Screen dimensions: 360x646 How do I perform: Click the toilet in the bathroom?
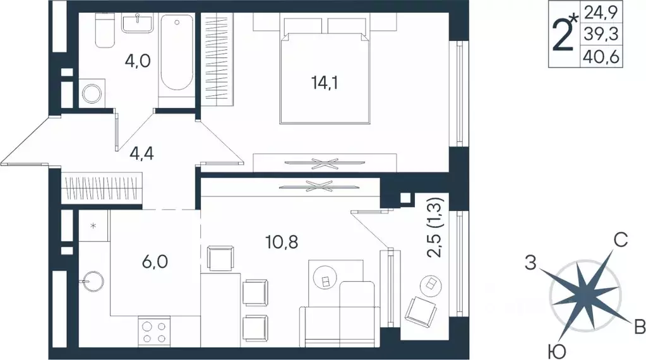(x=105, y=31)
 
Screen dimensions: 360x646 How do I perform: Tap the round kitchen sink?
(x=93, y=279)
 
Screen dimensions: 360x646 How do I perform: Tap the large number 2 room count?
(x=561, y=35)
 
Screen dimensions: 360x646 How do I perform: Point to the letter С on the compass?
(x=621, y=239)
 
